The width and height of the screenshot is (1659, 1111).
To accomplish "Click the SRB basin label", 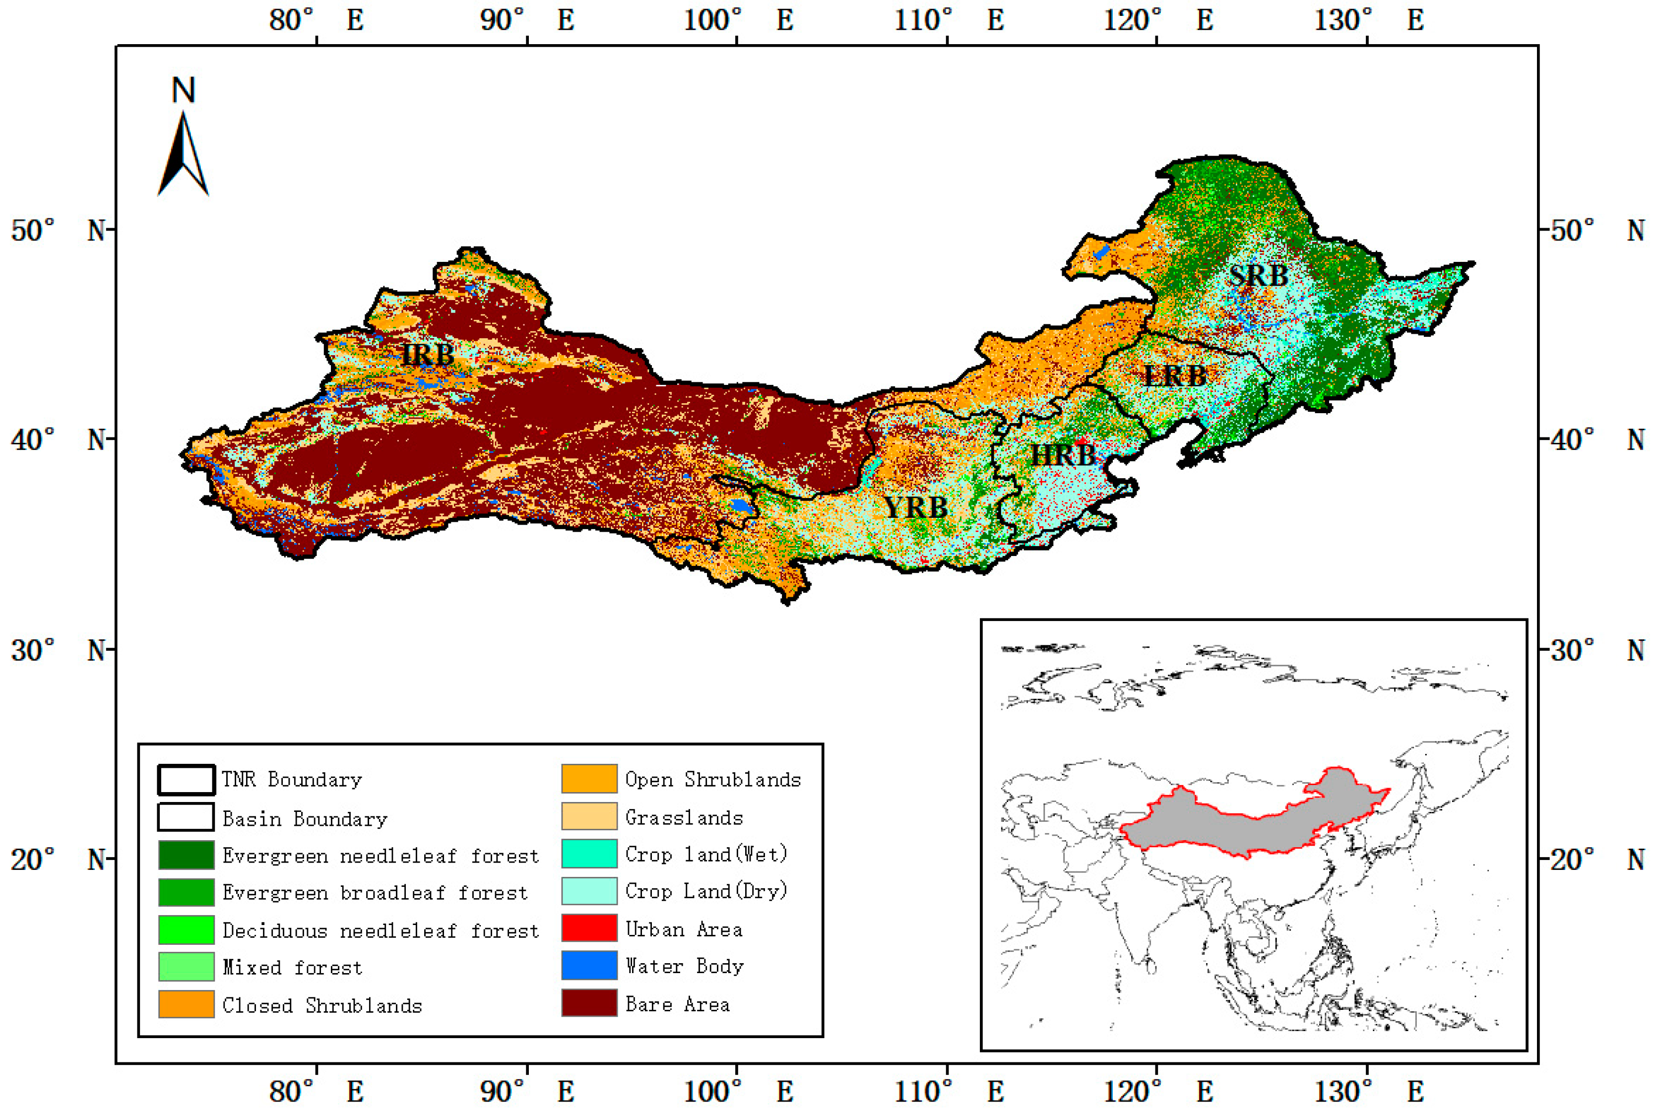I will coord(1258,275).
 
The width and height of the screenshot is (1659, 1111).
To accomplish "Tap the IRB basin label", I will coord(427,354).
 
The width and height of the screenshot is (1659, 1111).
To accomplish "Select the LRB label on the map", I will coord(1175,375).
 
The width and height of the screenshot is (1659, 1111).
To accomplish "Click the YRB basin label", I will coord(916,507).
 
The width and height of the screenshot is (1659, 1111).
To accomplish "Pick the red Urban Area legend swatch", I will coord(589,929).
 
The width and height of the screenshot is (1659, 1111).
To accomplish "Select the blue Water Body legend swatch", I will coord(589,966).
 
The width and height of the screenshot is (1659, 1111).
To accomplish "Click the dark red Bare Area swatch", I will coord(589,1003).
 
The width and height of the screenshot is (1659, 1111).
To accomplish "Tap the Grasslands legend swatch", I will coord(589,817).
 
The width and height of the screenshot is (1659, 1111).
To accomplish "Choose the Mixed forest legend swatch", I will coord(186,967).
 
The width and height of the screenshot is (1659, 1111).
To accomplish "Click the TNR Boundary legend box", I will coord(186,779).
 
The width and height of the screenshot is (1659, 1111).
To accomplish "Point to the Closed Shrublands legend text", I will coord(322,1005).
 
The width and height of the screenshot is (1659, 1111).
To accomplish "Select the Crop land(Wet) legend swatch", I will coord(589,854).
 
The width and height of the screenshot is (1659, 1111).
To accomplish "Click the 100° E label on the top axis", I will coord(737,20).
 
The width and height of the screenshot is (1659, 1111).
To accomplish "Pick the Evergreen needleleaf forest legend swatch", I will coord(186,855).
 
